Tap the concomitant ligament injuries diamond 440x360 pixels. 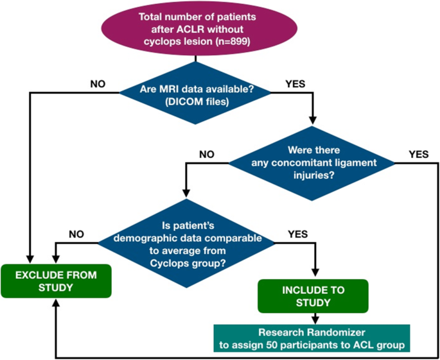[x=312, y=163]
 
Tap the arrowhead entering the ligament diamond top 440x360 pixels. [x=312, y=120]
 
